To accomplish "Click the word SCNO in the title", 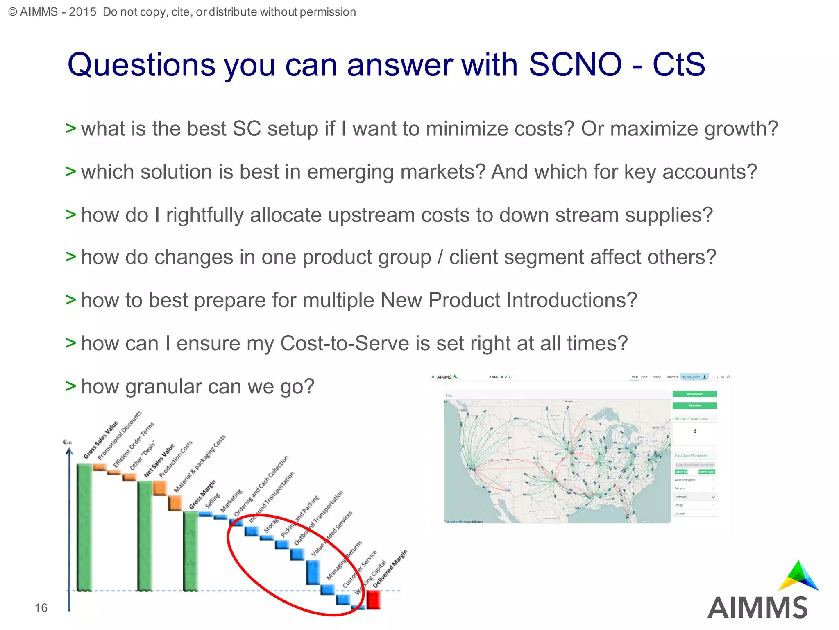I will point(575,65).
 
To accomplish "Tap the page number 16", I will point(41,607).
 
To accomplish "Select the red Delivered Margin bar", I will point(373,600).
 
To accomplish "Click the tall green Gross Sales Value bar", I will point(84,527).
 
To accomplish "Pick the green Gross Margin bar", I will point(190,551).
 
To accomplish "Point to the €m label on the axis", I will point(67,442).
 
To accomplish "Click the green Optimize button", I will point(694,406).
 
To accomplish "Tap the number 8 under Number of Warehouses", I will point(694,431).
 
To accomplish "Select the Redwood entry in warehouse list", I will point(681,497).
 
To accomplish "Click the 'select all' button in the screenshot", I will point(681,472).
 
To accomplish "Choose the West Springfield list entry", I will point(685,480).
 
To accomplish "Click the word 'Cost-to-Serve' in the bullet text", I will point(345,343).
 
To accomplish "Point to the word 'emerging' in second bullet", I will point(350,172).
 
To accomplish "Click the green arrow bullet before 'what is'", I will point(70,128).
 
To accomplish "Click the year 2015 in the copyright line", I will point(82,12).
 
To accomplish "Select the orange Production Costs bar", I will point(160,488).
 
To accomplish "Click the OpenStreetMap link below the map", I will point(456,522).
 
